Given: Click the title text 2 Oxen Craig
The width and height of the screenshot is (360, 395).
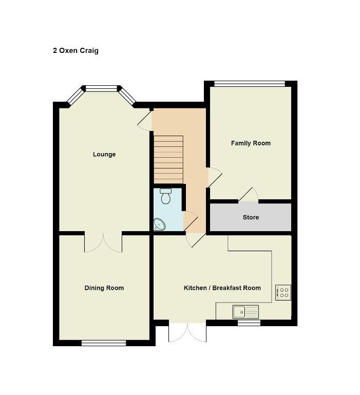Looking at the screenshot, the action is (x=75, y=51).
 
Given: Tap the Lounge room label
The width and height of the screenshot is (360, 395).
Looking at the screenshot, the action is (x=104, y=154).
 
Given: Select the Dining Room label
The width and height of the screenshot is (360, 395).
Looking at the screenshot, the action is (x=104, y=288).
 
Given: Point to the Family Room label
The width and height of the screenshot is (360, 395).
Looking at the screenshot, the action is (x=251, y=143).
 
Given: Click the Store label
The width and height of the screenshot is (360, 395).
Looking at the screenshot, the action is (x=251, y=217).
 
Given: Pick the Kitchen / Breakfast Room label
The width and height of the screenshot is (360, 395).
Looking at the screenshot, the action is (x=222, y=288).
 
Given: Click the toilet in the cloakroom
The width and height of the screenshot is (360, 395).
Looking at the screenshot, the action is (x=166, y=196).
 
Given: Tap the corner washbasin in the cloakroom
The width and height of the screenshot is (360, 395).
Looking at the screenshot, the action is (x=159, y=224).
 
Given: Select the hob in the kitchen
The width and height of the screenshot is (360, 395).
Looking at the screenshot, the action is (x=283, y=292).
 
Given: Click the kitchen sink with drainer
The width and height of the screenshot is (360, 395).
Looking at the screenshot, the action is (x=246, y=312).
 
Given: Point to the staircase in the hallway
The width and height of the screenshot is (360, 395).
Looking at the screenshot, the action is (x=168, y=159).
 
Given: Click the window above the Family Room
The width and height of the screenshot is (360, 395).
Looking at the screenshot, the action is (x=250, y=84).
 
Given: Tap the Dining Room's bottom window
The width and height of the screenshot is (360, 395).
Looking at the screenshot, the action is (x=104, y=343).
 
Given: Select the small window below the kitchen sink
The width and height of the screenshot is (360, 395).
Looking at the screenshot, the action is (x=249, y=323).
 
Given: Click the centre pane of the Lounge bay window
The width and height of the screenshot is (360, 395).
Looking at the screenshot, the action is (x=101, y=88).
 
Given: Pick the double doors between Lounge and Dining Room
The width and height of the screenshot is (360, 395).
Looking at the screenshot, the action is (x=103, y=243).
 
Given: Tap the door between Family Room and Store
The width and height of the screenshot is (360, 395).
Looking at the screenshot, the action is (x=249, y=195).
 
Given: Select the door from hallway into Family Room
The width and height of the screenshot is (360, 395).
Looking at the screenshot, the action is (x=215, y=177).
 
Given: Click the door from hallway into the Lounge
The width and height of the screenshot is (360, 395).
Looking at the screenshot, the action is (x=145, y=121).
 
